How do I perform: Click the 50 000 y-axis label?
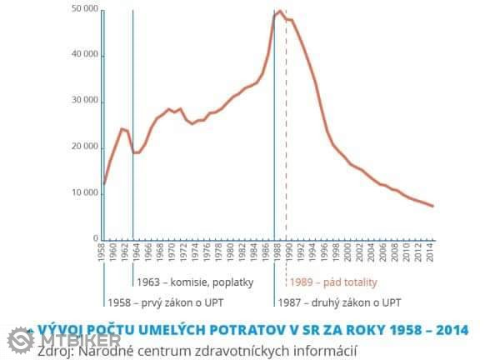coord(85,9)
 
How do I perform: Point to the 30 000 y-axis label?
coord(85,101)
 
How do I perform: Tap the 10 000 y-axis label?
coord(85,193)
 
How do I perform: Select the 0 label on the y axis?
coord(96,239)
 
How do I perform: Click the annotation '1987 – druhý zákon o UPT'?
coord(340,301)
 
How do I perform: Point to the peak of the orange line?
coord(280,12)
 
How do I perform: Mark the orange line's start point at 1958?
coord(103,184)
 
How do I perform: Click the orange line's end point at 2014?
coord(432,206)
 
